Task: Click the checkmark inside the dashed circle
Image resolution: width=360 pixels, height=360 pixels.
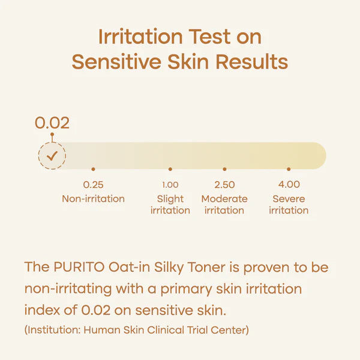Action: [x=52, y=156]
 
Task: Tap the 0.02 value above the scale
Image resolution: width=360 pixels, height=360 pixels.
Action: [x=52, y=123]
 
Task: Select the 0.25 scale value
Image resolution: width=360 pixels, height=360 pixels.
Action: [x=93, y=185]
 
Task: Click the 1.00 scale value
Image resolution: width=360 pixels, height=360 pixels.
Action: [x=170, y=185]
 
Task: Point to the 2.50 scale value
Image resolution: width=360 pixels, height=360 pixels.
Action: [x=224, y=185]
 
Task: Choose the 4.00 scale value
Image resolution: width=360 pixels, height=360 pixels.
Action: [x=289, y=185]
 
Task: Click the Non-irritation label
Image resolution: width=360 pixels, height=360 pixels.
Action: [x=93, y=199]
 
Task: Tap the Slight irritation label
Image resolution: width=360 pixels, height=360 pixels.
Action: [x=170, y=205]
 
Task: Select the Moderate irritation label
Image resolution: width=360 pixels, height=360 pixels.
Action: [x=224, y=205]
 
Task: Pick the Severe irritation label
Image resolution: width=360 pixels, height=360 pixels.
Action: [x=289, y=205]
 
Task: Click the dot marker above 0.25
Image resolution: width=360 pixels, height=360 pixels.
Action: [x=93, y=169]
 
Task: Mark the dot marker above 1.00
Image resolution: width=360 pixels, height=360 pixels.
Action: [x=170, y=169]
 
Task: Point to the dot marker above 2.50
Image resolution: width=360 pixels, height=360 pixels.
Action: [x=224, y=169]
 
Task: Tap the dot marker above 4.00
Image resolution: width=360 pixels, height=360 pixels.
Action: [x=289, y=169]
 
